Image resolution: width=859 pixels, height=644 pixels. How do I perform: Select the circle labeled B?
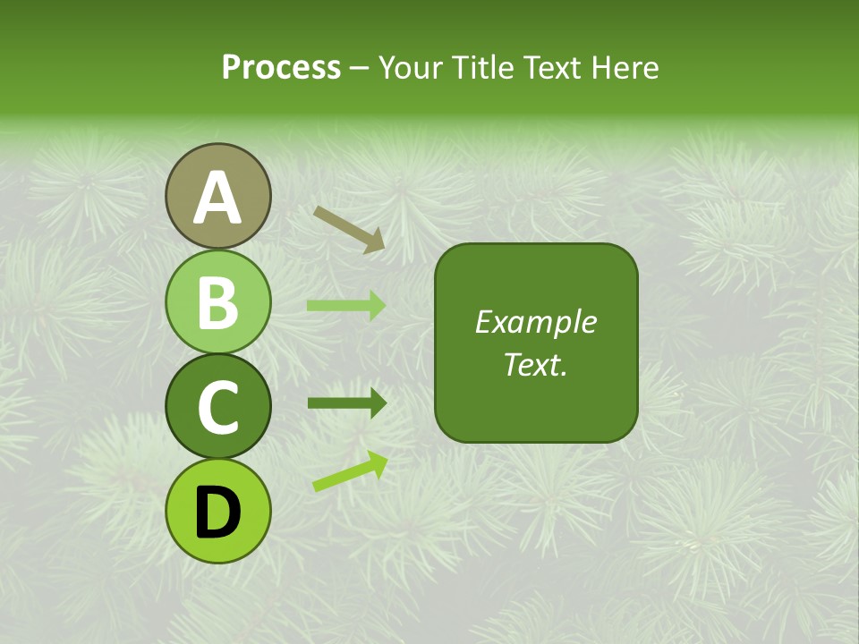point(218,301)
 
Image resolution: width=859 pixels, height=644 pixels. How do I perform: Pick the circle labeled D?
point(218,511)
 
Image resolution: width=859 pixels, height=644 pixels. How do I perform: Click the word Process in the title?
point(281,67)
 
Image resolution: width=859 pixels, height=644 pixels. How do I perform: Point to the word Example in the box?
point(535,322)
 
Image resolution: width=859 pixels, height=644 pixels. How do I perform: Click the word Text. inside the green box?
point(535,365)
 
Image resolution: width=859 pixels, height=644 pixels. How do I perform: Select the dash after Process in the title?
point(359,68)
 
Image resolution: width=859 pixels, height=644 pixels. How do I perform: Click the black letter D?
point(218,513)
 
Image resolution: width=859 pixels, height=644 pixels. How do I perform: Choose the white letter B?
point(218,302)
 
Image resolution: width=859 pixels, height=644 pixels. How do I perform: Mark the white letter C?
point(218,407)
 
